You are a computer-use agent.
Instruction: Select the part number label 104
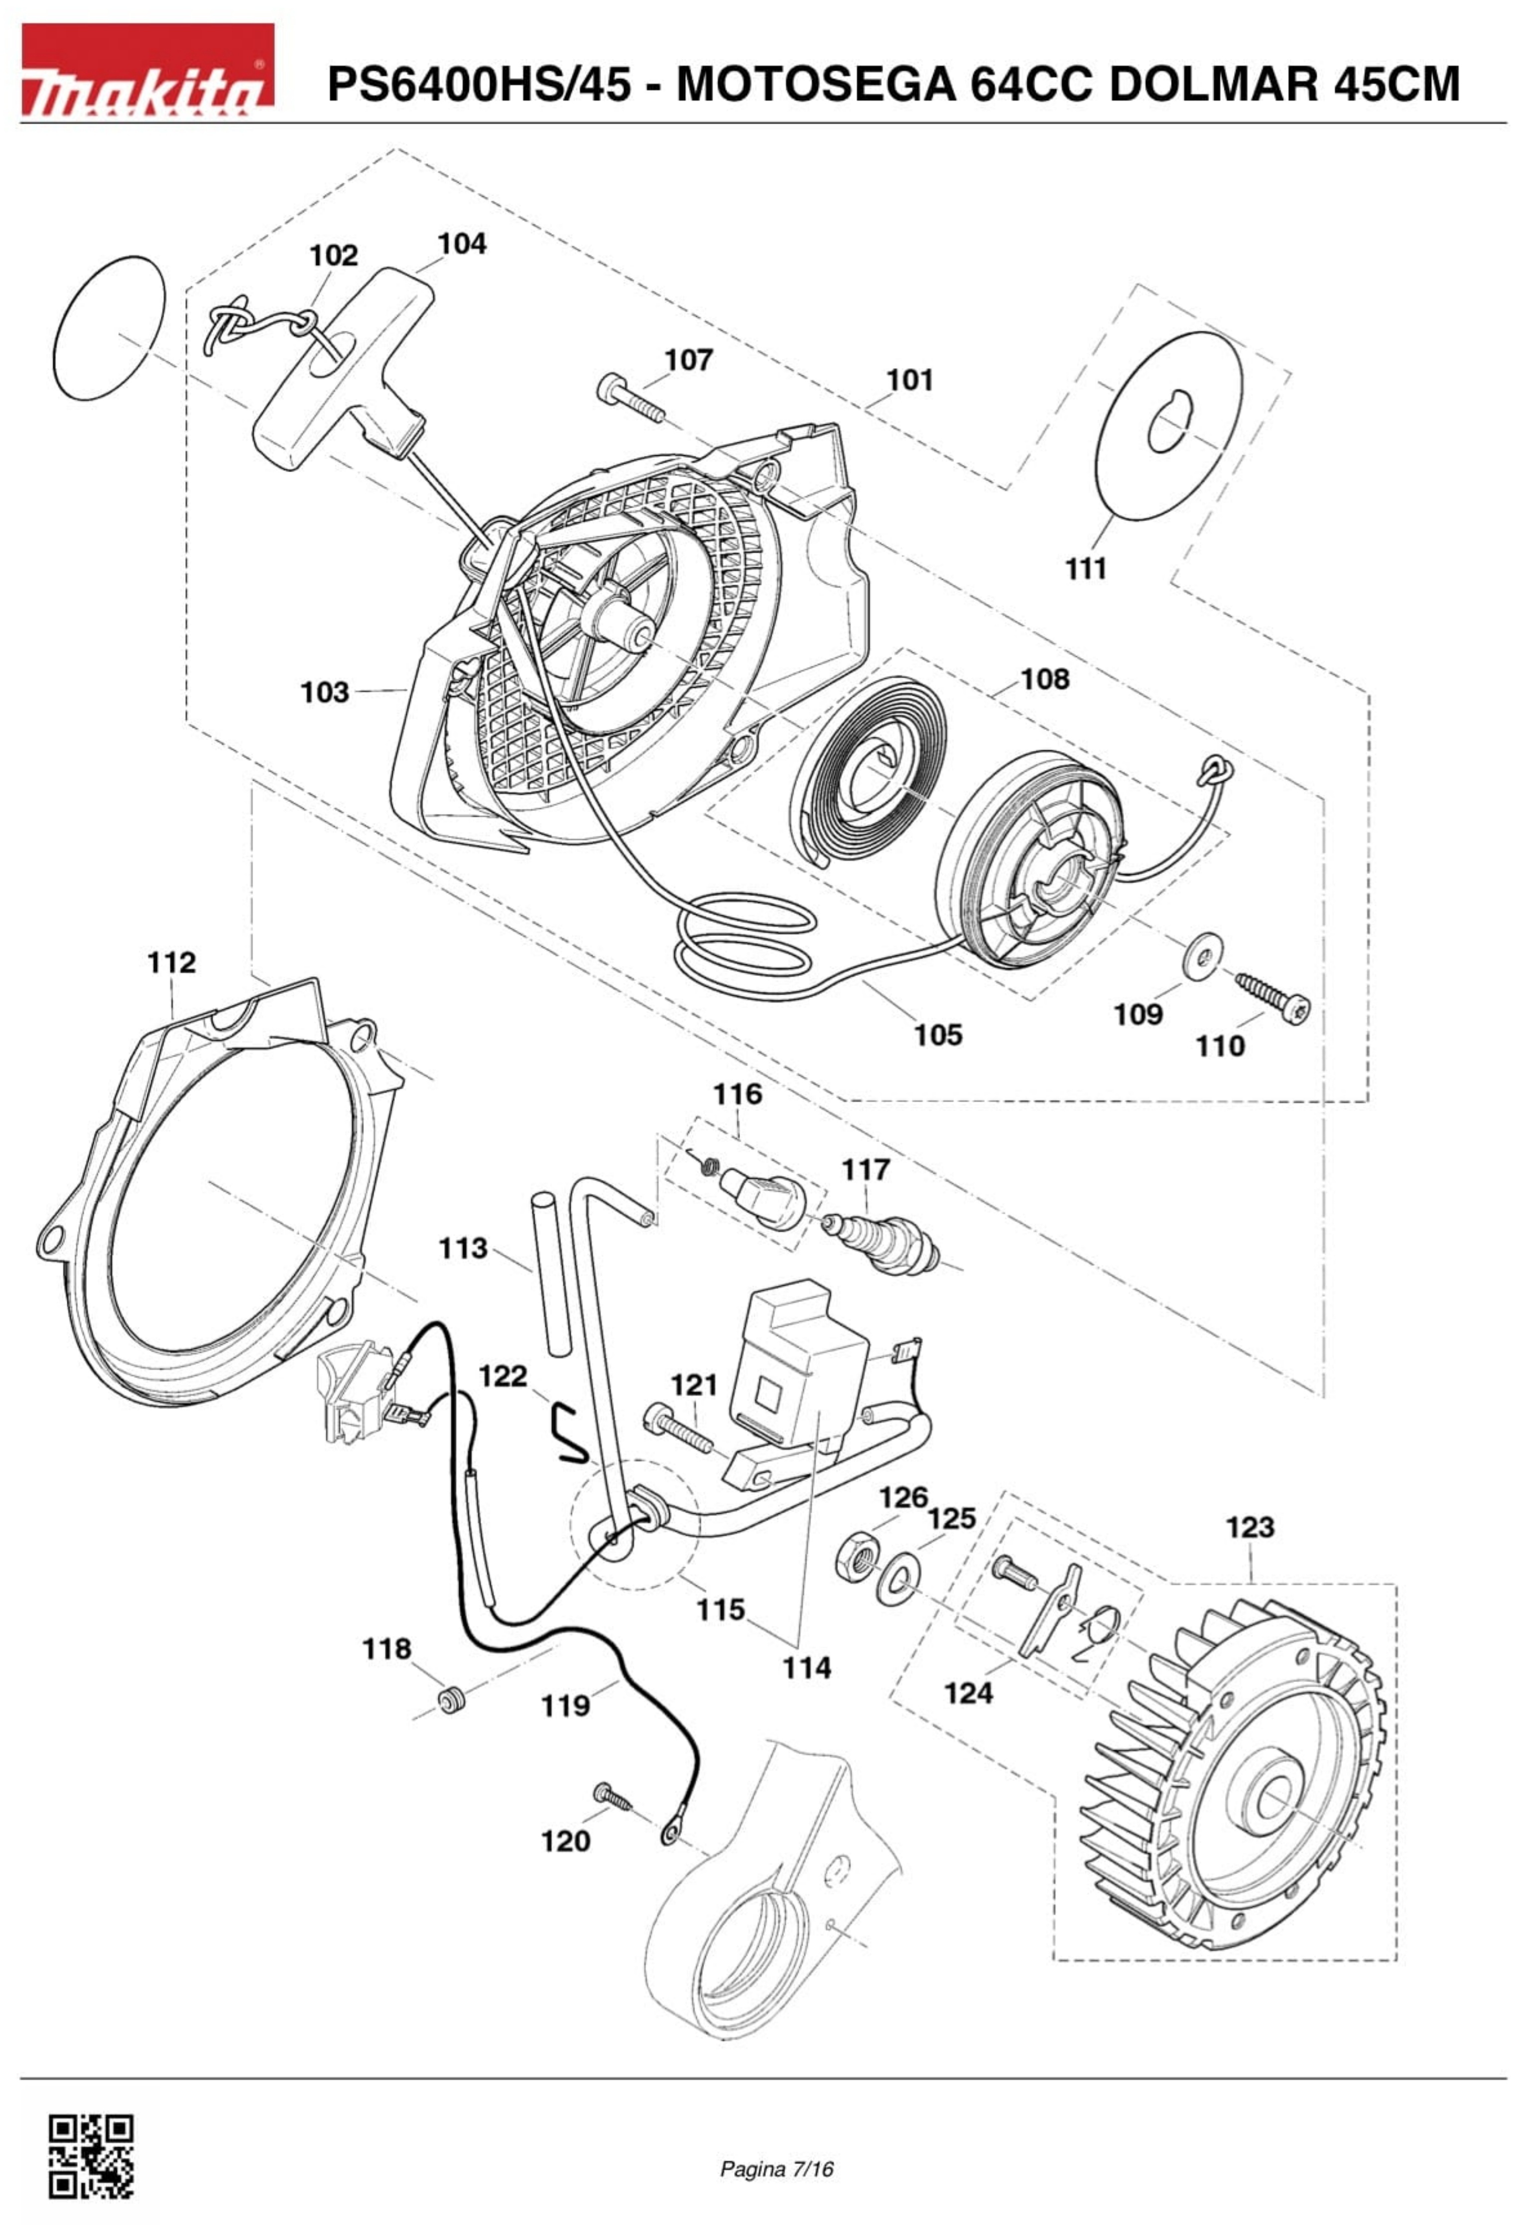(462, 244)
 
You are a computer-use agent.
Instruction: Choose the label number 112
(172, 962)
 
